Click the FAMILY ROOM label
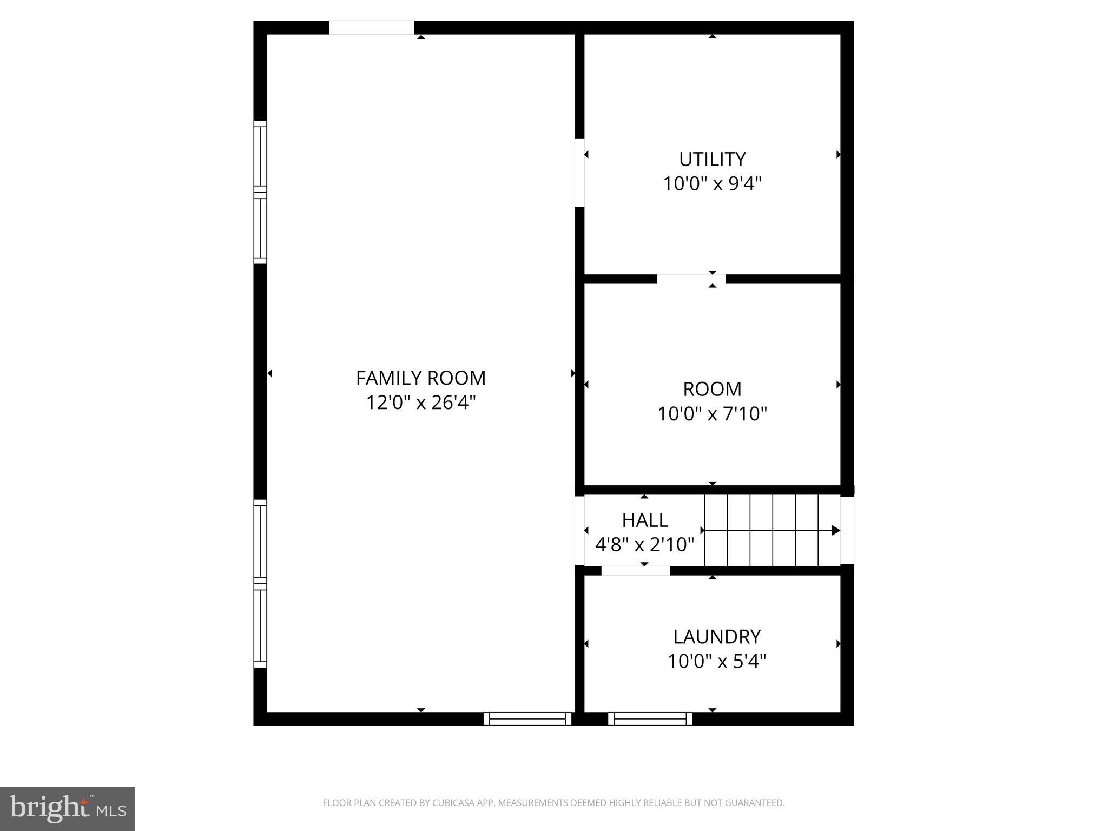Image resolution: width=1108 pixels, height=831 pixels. pos(420,378)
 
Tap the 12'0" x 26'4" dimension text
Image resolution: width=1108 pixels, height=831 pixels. pos(420,403)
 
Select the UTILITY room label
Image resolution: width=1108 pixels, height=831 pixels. pos(712,159)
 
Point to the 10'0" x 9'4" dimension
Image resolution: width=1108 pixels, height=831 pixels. pos(712,184)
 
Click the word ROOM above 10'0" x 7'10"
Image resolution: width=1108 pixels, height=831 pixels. pos(712,389)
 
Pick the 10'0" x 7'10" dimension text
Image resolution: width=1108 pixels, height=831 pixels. pos(712,414)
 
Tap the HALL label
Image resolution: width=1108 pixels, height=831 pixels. pos(644,520)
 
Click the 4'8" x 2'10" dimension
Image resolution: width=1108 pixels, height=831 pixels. pos(644,544)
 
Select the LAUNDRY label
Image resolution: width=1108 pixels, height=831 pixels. pos(716,637)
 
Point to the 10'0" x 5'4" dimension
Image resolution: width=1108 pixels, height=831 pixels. pos(716,661)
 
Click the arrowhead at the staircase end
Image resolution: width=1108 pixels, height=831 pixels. pos(835,530)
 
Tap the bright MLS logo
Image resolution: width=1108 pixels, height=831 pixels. pos(68,809)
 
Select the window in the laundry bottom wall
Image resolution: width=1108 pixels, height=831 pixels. pos(650,718)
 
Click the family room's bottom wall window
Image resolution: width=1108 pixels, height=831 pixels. pos(527,718)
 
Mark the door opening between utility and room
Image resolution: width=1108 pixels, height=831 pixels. pos(691,279)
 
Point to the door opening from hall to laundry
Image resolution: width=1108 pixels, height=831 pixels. pos(635,571)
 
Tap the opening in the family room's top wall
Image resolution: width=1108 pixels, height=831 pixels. pos(371,28)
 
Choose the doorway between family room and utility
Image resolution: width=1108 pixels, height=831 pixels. pos(579,173)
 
